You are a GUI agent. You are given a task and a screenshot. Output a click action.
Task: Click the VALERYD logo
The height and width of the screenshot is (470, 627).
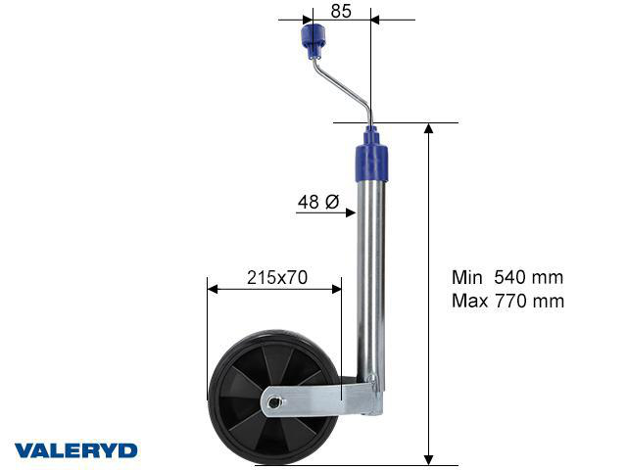pyautogui.click(x=75, y=450)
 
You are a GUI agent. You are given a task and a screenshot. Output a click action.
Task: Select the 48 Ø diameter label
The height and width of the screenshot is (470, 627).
pyautogui.click(x=317, y=203)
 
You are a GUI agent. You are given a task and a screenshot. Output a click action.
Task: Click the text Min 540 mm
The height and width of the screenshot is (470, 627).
pyautogui.click(x=507, y=277)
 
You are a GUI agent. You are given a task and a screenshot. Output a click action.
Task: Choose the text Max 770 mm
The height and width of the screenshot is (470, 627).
pyautogui.click(x=507, y=301)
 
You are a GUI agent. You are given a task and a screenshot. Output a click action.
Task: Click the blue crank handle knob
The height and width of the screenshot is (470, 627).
pyautogui.click(x=312, y=41)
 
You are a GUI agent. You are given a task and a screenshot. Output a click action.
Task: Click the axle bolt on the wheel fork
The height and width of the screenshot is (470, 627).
pyautogui.click(x=276, y=399)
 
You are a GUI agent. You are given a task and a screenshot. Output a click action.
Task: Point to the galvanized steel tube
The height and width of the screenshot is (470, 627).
pyautogui.click(x=369, y=274)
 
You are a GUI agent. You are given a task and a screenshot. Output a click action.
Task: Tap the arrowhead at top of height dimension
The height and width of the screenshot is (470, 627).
pyautogui.click(x=429, y=128)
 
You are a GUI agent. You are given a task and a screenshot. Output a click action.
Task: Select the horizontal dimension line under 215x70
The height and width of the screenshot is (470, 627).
pyautogui.click(x=274, y=289)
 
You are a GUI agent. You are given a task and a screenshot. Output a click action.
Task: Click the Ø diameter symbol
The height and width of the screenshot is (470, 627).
pyautogui.click(x=331, y=203)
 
